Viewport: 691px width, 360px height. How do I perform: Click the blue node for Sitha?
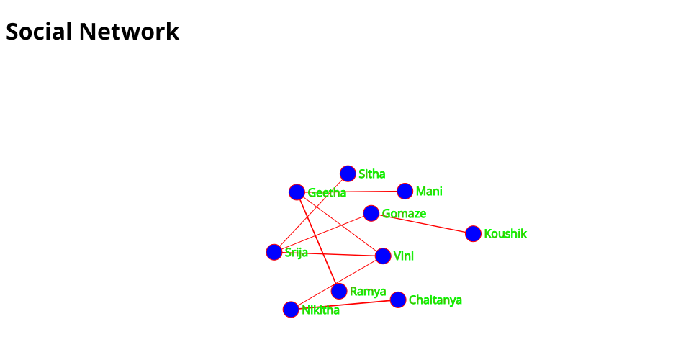pos(348,174)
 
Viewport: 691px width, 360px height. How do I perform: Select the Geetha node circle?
pos(297,192)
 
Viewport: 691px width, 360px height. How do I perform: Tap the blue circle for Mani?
pos(405,191)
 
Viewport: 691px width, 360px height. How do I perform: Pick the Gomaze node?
pos(371,213)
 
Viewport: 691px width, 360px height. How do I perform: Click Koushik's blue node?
pos(473,233)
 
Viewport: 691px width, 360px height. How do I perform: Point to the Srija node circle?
pos(274,252)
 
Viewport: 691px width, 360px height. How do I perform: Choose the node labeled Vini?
pos(383,256)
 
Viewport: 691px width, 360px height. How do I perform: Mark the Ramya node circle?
pos(338,291)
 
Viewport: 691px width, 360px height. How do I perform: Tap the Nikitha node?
pos(290,310)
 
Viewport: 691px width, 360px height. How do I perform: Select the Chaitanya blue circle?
pos(397,300)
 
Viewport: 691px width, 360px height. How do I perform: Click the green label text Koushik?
pos(505,233)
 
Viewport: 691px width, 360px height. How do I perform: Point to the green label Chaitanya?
pos(435,300)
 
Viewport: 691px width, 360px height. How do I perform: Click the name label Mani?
pos(429,191)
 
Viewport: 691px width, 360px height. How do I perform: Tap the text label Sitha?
pos(372,174)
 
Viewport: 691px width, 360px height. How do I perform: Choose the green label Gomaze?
pos(404,213)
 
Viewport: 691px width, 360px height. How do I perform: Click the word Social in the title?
pos(39,31)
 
